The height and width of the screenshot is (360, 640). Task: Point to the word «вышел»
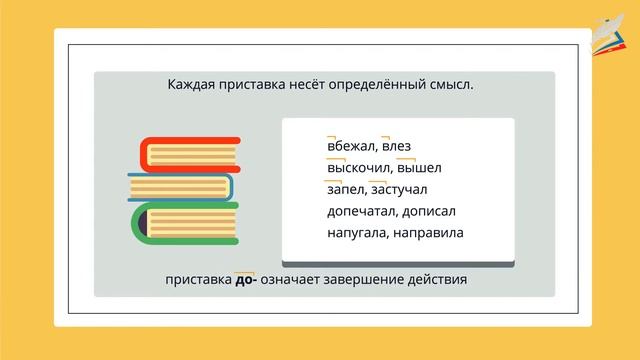419,168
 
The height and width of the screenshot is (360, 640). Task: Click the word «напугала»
358,233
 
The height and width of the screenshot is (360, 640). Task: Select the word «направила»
434,233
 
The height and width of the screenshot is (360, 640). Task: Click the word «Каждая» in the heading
197,85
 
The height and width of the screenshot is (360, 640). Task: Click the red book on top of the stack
189,154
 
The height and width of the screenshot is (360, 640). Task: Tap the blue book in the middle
181,186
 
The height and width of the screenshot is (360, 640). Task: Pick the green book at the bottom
187,221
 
